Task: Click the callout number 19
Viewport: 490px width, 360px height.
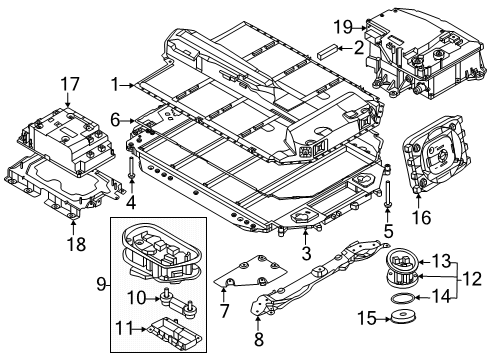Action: [x=341, y=26]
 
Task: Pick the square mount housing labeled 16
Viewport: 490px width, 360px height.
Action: [x=432, y=157]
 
